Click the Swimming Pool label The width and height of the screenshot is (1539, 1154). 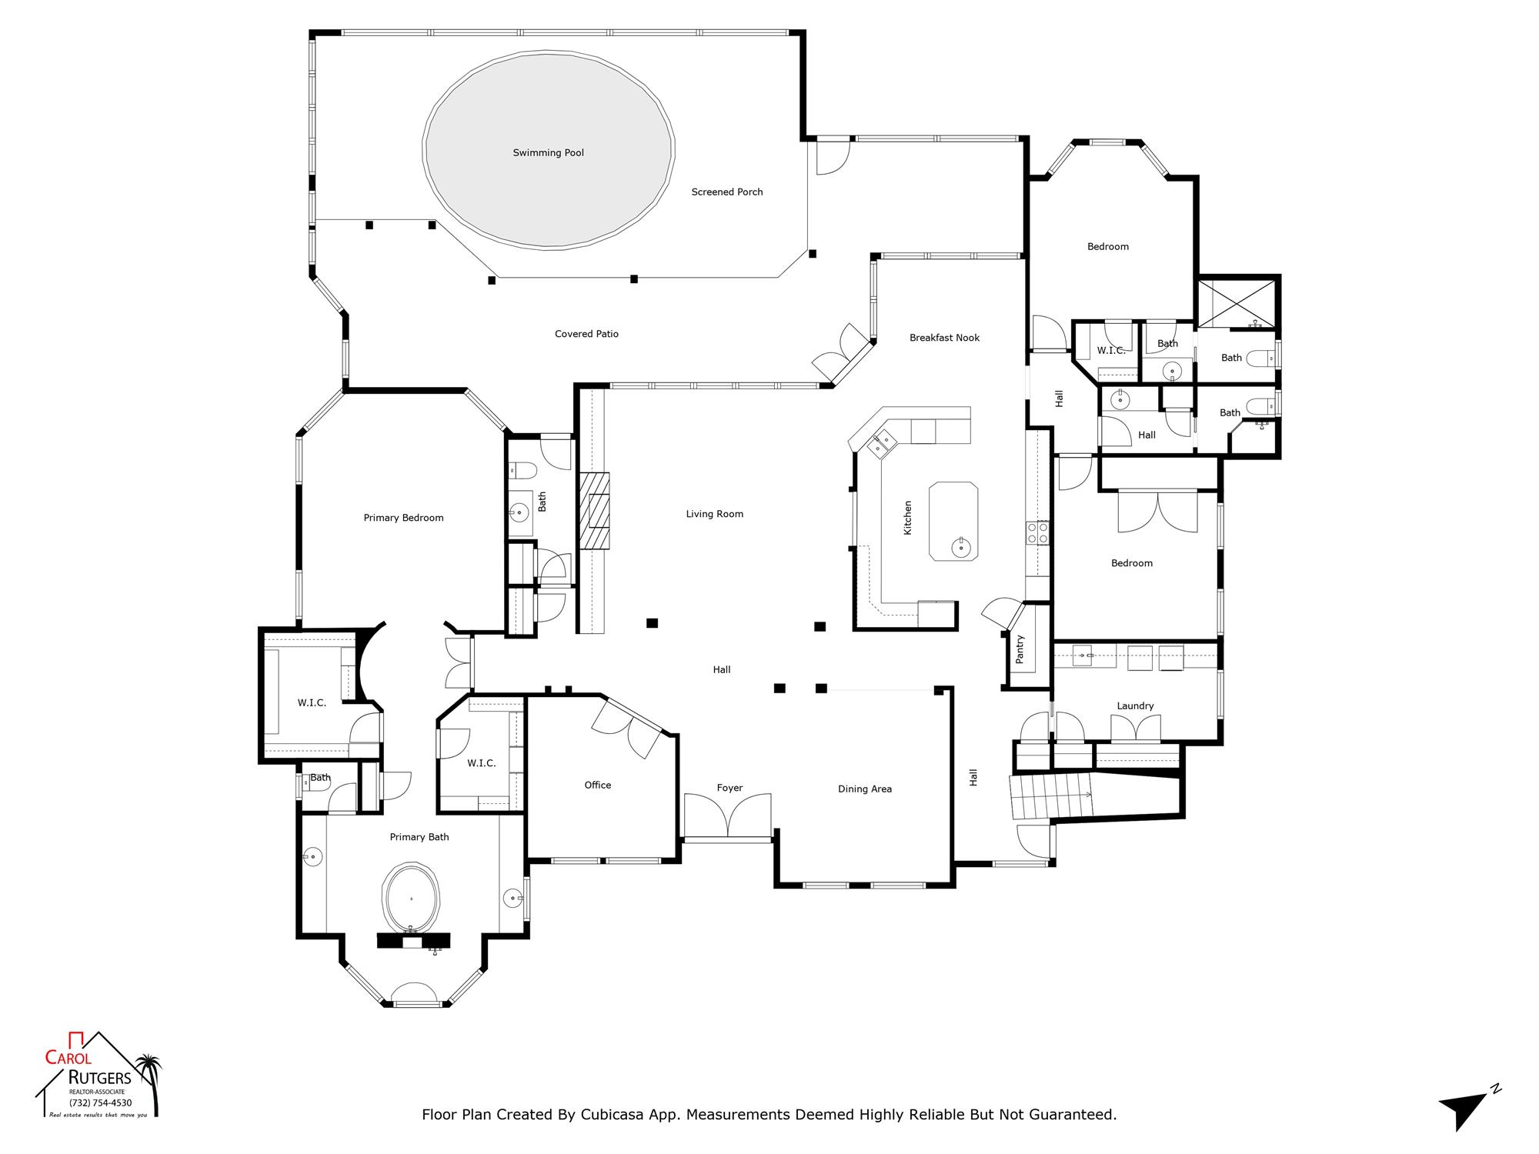click(548, 153)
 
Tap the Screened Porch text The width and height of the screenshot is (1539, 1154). click(727, 192)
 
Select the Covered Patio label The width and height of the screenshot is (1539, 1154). click(586, 334)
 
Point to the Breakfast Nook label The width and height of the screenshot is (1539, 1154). click(944, 338)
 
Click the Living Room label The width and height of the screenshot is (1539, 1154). click(714, 514)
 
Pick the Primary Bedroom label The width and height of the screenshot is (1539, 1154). click(403, 518)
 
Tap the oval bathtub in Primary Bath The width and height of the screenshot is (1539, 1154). click(412, 899)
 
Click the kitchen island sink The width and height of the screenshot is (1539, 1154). click(961, 547)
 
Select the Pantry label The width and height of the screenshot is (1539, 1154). click(1020, 649)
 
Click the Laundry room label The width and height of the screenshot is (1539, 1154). click(1135, 706)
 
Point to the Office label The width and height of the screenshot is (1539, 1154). click(597, 785)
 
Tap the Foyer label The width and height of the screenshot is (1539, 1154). click(729, 788)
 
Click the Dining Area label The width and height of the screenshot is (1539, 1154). click(864, 789)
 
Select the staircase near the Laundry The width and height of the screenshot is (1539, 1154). click(1051, 797)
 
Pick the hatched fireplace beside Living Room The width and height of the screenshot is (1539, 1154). click(594, 511)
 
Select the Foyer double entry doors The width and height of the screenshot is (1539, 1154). click(727, 815)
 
